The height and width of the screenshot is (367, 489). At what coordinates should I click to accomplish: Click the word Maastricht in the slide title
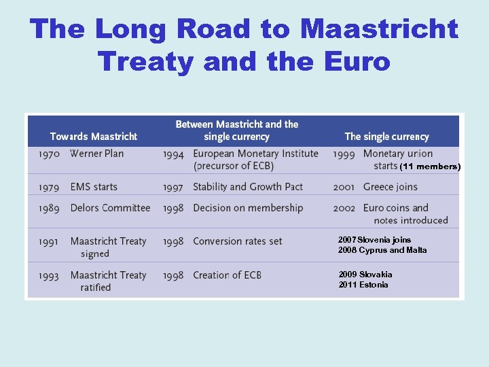379,29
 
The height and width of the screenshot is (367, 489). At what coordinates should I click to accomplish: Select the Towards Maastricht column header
94,137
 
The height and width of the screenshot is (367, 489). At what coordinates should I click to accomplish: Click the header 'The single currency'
387,137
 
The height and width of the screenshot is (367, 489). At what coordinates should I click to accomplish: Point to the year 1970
50,154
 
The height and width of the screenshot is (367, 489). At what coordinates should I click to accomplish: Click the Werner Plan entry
97,154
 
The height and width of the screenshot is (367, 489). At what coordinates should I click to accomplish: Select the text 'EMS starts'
94,187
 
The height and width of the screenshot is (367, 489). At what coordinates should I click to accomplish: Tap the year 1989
50,208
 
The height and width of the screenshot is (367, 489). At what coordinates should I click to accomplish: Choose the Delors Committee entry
110,208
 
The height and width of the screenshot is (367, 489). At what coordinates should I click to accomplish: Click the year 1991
50,241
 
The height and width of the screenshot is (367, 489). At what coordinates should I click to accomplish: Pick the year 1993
50,275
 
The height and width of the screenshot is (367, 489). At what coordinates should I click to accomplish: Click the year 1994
173,154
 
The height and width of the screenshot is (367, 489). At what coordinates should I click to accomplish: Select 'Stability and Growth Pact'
248,187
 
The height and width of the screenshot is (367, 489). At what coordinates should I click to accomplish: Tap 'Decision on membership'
248,208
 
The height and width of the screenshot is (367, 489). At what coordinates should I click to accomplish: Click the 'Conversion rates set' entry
238,241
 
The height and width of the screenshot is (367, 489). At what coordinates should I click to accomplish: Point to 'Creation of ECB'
227,275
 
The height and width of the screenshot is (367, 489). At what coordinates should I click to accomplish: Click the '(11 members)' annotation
430,167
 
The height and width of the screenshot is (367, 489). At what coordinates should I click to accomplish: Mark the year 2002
344,208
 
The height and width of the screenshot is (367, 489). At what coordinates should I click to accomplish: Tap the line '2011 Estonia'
363,285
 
